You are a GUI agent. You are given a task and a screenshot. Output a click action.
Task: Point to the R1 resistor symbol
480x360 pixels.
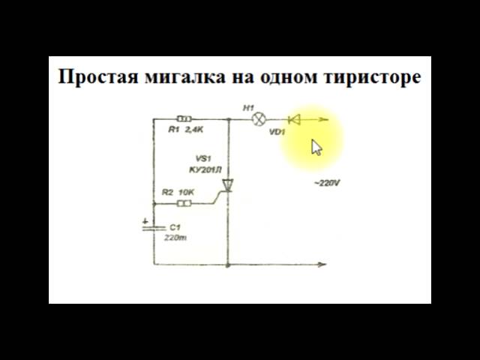pyautogui.click(x=184, y=118)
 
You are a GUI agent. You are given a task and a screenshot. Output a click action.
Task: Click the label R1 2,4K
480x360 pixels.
pyautogui.click(x=186, y=130)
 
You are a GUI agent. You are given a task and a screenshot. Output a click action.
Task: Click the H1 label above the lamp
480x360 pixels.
pyautogui.click(x=249, y=108)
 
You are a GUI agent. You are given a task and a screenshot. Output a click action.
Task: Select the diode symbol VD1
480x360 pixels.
pyautogui.click(x=294, y=118)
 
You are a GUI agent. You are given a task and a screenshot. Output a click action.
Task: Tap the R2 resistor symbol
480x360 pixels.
pyautogui.click(x=184, y=202)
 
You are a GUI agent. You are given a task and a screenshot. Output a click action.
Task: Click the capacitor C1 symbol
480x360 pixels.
pyautogui.click(x=154, y=226)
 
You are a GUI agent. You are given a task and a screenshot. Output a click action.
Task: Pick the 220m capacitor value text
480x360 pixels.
pyautogui.click(x=175, y=237)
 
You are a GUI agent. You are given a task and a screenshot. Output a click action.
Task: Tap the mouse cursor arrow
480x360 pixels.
pyautogui.click(x=316, y=147)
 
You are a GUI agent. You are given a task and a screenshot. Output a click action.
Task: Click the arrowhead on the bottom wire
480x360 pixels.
pyautogui.click(x=322, y=264)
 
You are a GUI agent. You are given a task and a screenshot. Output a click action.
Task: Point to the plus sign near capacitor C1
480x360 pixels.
pyautogui.click(x=145, y=220)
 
